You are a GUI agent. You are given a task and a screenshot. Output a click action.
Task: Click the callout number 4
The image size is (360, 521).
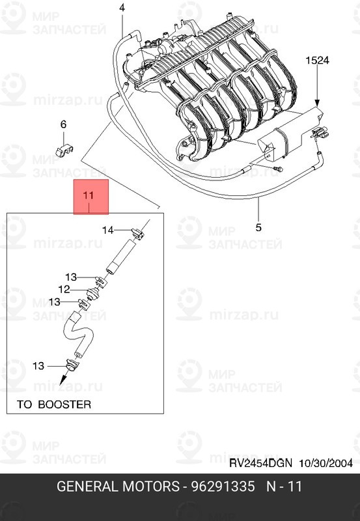[x=122, y=8]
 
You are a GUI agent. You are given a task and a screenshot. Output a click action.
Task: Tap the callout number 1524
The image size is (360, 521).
[x=317, y=61]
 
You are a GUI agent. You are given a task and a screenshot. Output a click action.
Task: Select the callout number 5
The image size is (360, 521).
[x=258, y=227]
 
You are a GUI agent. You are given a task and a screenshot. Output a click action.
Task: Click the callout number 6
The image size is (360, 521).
[x=63, y=124]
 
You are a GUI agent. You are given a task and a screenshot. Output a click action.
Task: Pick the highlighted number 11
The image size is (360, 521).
[x=89, y=195]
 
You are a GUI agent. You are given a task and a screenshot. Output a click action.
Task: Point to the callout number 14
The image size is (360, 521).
[x=108, y=230]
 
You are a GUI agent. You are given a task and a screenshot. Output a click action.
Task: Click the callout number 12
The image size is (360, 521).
[x=64, y=289]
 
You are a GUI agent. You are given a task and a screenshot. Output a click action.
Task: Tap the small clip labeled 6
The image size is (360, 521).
[x=64, y=150]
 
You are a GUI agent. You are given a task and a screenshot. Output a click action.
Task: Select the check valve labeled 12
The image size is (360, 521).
[x=94, y=294]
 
